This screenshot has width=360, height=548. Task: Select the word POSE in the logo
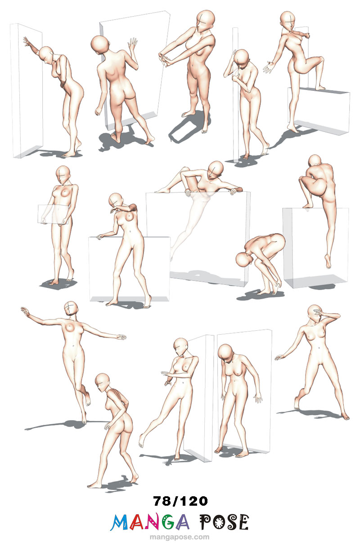pos(224,522)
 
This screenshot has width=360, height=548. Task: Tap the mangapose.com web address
pos(180,537)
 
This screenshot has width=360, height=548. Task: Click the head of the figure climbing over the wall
pos(216,169)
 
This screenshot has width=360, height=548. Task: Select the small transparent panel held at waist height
pos(53,214)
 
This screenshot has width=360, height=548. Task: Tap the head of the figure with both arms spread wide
pos(71,309)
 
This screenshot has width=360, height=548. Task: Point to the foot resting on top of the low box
pos(320,87)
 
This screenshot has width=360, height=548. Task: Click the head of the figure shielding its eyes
pos(315,314)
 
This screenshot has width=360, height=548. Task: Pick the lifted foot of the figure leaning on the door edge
pos(142,441)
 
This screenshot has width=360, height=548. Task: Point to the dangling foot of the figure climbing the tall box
pos(328,261)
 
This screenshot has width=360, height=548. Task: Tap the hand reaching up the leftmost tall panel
pos(27,42)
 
